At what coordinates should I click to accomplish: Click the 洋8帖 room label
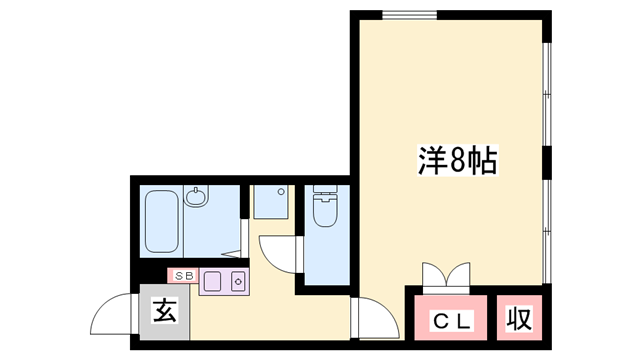pos(456,160)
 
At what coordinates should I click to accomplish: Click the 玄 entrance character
pos(165,311)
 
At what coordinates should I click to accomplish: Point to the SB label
pos(183,275)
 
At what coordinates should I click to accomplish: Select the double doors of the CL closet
pos(445,275)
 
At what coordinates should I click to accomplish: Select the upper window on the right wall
pos(546,95)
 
